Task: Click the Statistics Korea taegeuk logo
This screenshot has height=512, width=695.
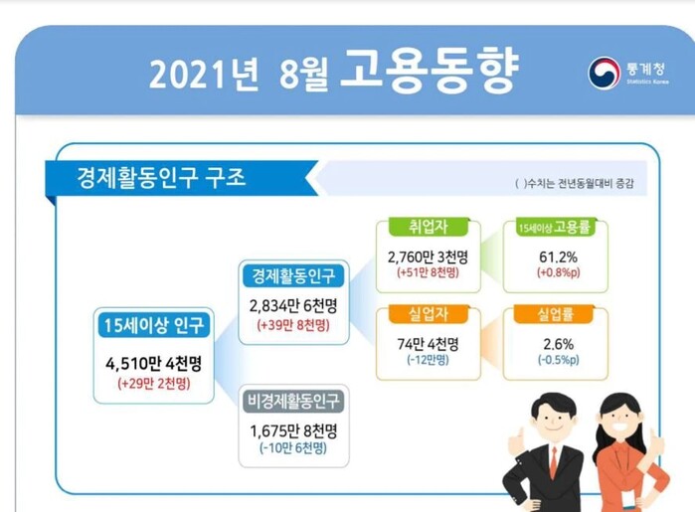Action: (604, 73)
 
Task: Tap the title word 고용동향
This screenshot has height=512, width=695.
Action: (429, 70)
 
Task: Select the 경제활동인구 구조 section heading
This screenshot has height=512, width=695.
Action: (161, 178)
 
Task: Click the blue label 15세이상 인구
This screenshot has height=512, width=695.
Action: (154, 325)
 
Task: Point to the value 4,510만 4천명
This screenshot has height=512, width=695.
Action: (154, 364)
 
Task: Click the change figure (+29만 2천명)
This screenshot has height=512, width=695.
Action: (154, 383)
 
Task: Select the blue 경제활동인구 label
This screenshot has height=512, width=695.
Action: (293, 275)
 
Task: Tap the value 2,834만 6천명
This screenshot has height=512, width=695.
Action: (293, 306)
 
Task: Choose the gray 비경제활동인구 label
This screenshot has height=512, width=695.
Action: (293, 402)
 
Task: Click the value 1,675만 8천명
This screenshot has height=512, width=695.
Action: (293, 430)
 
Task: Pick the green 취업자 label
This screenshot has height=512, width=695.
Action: (429, 227)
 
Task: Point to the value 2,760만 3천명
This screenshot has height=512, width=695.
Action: (428, 256)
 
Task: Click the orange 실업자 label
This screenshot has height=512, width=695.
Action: (429, 314)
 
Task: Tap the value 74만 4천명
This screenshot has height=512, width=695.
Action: (428, 344)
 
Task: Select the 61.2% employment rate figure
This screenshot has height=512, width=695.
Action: (558, 256)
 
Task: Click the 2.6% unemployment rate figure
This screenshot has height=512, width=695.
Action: (559, 344)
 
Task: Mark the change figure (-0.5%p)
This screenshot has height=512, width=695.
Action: (559, 360)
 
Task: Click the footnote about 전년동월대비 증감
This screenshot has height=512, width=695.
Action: (575, 183)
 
